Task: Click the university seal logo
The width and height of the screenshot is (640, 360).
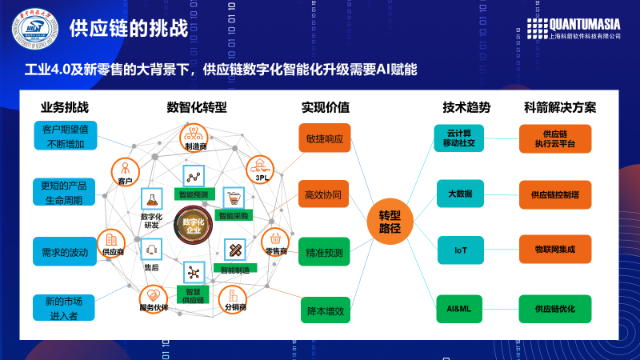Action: (x=35, y=30)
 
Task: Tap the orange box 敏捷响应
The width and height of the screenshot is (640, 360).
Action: (x=324, y=138)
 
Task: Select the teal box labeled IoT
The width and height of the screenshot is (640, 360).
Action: (x=461, y=250)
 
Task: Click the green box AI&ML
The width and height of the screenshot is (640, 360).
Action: (x=461, y=308)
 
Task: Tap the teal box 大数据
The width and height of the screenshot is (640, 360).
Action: (x=461, y=194)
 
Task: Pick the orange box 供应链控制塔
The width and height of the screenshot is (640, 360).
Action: (x=554, y=194)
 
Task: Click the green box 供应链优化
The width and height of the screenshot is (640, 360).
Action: (x=554, y=308)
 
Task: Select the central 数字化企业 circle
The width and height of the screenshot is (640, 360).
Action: (x=193, y=226)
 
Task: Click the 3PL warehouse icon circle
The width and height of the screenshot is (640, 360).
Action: (x=261, y=166)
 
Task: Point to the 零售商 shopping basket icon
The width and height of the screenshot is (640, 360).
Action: (x=275, y=238)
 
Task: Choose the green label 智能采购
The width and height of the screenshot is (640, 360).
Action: (x=234, y=215)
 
